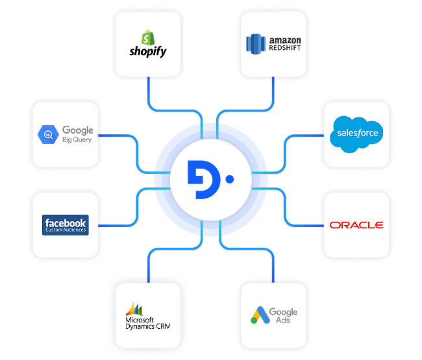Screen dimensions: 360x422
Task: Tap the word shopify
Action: [149, 51]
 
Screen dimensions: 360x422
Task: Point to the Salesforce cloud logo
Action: [356, 134]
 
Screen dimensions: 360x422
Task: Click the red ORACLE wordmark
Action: [356, 225]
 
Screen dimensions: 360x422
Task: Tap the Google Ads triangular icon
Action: [259, 316]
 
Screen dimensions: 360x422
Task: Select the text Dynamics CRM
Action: [149, 326]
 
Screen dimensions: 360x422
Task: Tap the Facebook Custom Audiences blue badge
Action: [66, 225]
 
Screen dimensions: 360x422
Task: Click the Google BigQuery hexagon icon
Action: [49, 135]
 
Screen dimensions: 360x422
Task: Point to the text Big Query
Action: [77, 139]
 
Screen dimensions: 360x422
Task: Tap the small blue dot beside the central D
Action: [229, 177]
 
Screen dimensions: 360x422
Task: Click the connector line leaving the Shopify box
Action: [149, 91]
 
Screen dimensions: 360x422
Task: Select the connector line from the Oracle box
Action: [305, 225]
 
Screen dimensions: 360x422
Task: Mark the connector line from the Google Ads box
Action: [273, 266]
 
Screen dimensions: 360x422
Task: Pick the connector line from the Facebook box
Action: [117, 225]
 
